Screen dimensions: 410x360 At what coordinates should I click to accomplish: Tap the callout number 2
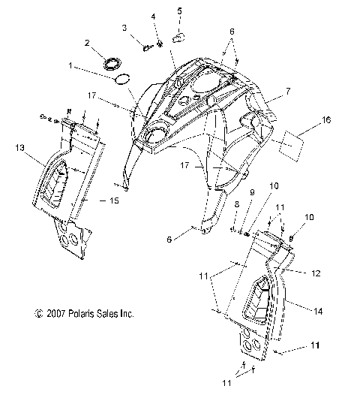pos(88,43)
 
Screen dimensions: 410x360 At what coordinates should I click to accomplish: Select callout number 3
pos(125,28)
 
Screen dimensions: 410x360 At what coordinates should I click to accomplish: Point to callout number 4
pos(153,17)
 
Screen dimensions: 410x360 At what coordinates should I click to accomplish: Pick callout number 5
pos(180,11)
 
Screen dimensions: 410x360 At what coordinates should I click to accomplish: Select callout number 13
pos(20,149)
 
